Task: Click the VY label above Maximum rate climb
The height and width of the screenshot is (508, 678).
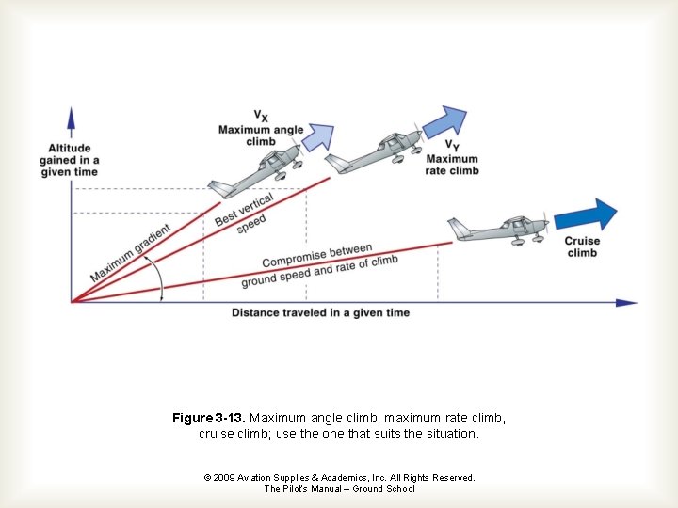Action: point(452,146)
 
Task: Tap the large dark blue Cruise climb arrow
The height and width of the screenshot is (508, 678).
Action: point(586,215)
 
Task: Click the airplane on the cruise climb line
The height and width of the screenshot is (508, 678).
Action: point(499,230)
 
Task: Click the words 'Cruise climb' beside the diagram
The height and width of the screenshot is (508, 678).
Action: point(582,246)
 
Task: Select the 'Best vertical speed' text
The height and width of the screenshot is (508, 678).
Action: point(246,214)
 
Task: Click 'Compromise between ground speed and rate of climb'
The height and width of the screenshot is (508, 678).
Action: point(319,266)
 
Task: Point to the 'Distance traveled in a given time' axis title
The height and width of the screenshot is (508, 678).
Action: point(320,312)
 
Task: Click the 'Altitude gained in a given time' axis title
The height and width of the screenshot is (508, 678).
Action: point(70,160)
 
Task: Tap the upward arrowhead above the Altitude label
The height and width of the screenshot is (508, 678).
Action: point(71,119)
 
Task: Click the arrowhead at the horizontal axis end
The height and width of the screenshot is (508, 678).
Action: point(625,302)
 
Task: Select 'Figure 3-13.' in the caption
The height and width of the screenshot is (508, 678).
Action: point(209,418)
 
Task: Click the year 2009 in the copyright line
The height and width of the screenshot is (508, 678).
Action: point(225,478)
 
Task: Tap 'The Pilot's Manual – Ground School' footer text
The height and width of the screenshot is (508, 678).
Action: point(339,489)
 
